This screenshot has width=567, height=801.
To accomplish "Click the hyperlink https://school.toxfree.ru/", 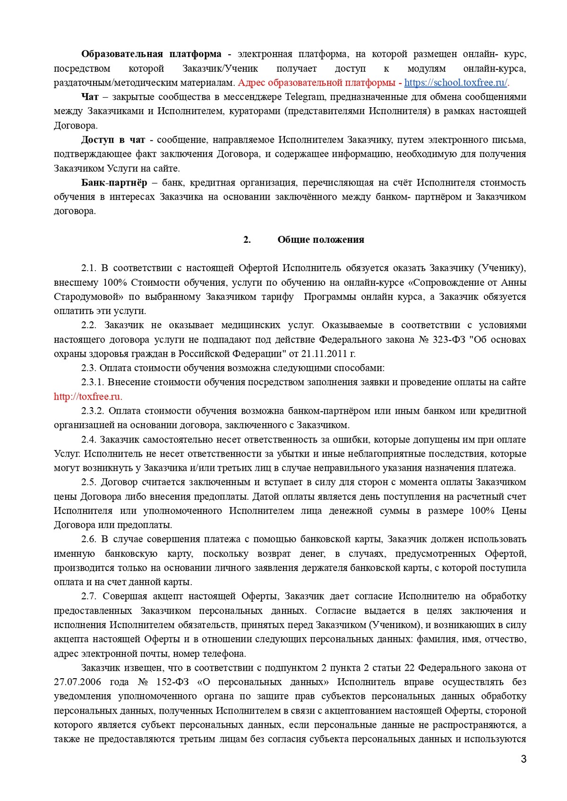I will (x=455, y=83).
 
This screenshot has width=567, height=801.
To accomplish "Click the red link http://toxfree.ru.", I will (x=88, y=397).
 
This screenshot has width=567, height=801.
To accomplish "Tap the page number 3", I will (x=524, y=759).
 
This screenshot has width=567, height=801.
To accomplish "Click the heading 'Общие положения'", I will (x=321, y=240).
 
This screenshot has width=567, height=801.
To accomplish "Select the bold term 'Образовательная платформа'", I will (x=151, y=54).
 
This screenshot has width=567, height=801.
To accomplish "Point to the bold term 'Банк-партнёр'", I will (x=114, y=183).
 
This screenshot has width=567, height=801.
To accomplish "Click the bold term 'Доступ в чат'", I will (x=113, y=140).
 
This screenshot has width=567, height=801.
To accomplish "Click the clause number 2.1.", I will (x=88, y=268).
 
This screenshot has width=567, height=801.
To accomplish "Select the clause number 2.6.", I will (x=88, y=539).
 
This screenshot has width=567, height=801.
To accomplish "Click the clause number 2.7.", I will (x=88, y=596).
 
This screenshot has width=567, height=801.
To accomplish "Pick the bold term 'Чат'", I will (x=90, y=97).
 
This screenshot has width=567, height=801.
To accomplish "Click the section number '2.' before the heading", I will (x=247, y=240).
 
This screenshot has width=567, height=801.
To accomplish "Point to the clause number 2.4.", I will (x=88, y=440).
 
